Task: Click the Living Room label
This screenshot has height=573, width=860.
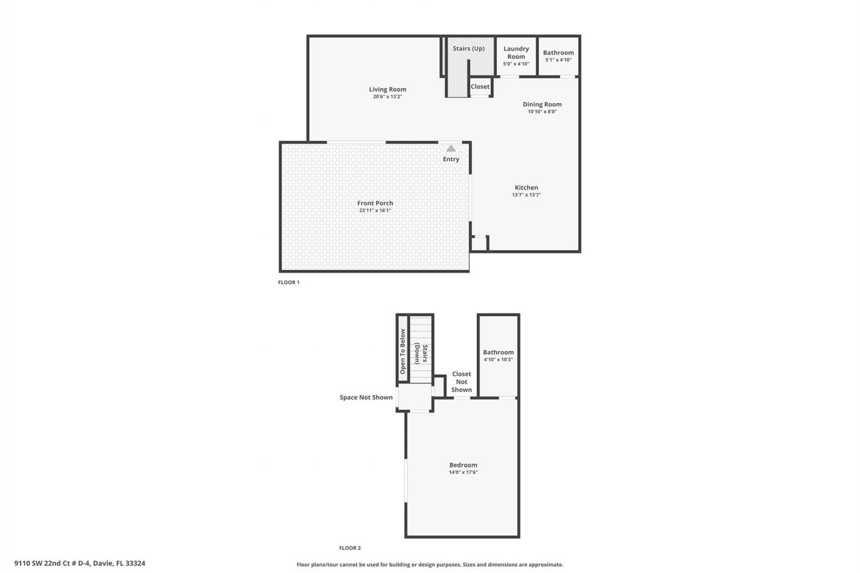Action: click(x=387, y=90)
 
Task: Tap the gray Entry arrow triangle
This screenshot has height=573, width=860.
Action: click(x=451, y=149)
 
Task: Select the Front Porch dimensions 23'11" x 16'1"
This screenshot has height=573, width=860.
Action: click(x=375, y=210)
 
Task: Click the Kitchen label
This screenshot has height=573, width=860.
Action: click(x=526, y=188)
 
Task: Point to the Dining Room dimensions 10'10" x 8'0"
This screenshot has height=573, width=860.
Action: click(x=542, y=111)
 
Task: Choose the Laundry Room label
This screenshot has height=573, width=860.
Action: click(x=516, y=52)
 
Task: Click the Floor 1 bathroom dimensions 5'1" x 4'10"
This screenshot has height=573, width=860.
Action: click(x=558, y=60)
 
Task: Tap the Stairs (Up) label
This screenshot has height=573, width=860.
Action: click(x=469, y=48)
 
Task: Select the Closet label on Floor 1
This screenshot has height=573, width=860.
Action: click(x=480, y=86)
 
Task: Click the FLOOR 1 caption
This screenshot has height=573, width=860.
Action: click(x=288, y=282)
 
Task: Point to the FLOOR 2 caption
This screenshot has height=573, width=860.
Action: click(x=350, y=548)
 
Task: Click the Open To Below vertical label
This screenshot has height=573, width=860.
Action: click(x=402, y=351)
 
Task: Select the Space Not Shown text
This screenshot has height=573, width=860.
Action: click(x=366, y=398)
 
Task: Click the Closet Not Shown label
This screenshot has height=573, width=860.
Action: click(x=461, y=382)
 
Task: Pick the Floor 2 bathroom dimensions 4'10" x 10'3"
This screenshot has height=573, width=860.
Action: click(x=498, y=359)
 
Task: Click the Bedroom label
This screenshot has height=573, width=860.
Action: click(x=463, y=465)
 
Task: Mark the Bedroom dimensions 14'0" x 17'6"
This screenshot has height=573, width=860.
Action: click(x=463, y=472)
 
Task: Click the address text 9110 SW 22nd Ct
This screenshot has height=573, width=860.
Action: click(x=80, y=563)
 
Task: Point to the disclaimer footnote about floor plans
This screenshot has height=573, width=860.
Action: click(x=430, y=565)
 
